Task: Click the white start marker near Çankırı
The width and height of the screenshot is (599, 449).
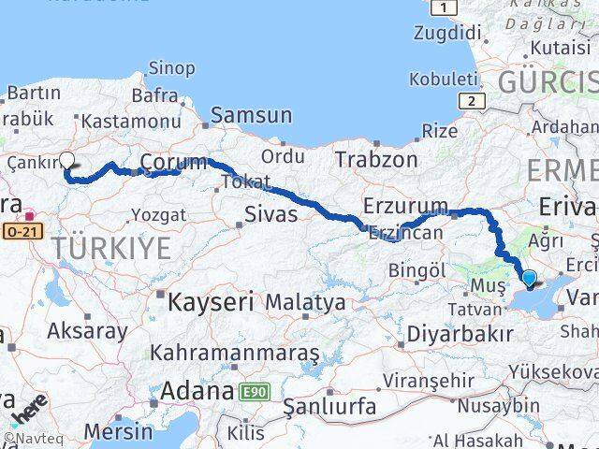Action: pyautogui.click(x=67, y=160)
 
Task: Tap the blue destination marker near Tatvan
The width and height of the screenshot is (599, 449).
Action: pyautogui.click(x=529, y=278)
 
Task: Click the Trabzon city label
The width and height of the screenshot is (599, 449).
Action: pyautogui.click(x=376, y=159)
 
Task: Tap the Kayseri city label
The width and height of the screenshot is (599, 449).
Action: pyautogui.click(x=211, y=302)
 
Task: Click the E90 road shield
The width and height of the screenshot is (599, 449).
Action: pyautogui.click(x=253, y=392)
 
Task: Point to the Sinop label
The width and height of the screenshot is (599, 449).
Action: pyautogui.click(x=171, y=68)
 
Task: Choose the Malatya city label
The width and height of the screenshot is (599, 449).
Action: pyautogui.click(x=305, y=303)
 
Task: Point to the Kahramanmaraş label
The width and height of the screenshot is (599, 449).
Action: pyautogui.click(x=234, y=354)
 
